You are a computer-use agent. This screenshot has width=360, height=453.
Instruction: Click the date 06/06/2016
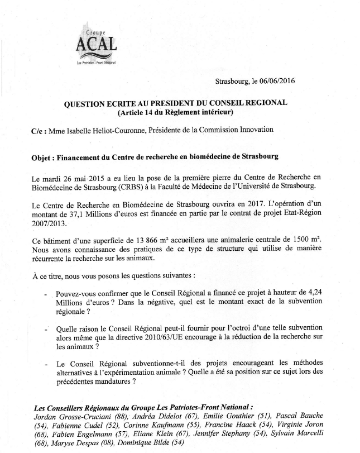273,81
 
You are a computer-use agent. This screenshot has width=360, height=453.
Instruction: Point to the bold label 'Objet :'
44,158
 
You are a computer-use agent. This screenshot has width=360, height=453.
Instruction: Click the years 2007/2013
49,223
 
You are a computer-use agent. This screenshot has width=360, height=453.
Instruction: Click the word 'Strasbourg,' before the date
232,81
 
